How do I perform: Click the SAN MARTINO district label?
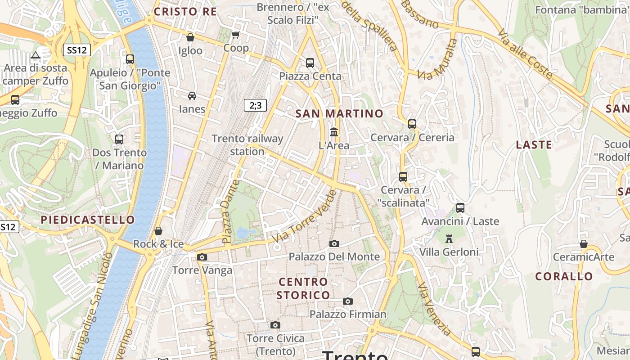[339, 114]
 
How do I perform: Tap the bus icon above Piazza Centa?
[310, 63]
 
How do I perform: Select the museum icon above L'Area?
[334, 132]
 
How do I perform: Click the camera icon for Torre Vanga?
[202, 257]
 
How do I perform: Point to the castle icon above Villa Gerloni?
[449, 238]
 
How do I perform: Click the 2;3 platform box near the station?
[255, 105]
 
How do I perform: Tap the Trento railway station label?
[247, 145]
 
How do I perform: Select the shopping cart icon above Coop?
[235, 35]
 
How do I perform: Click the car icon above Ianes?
[192, 95]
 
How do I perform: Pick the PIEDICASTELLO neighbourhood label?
[88, 220]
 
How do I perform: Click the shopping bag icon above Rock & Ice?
[158, 231]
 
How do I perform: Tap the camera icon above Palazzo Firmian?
[347, 301]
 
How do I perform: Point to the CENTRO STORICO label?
[303, 288]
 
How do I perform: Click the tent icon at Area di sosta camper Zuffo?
[35, 55]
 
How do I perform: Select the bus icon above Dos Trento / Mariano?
[119, 139]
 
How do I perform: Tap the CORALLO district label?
[564, 276]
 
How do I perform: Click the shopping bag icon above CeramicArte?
[583, 244]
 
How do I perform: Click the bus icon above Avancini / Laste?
[460, 207]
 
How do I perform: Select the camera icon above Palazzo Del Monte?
[334, 243]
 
